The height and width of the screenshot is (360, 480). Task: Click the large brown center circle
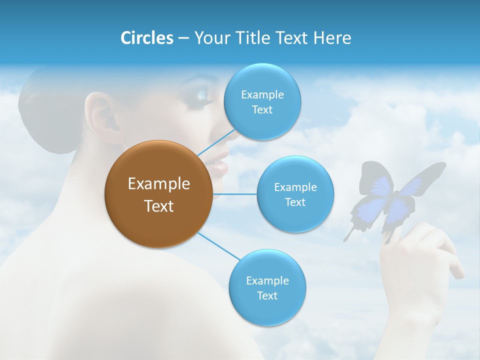pyautogui.click(x=158, y=194)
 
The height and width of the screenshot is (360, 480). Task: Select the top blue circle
pyautogui.click(x=262, y=101)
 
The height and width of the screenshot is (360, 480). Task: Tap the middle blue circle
pyautogui.click(x=295, y=194)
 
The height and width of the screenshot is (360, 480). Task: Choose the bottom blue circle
pyautogui.click(x=267, y=287)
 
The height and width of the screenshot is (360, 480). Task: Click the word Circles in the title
pyautogui.click(x=147, y=38)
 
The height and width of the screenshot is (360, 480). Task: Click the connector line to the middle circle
pyautogui.click(x=234, y=194)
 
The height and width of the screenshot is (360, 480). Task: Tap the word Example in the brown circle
pyautogui.click(x=158, y=184)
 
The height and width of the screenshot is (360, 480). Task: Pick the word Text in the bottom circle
pyautogui.click(x=267, y=295)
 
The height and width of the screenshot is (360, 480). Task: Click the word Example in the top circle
pyautogui.click(x=262, y=94)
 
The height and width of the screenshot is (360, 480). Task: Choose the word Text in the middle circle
pyautogui.click(x=295, y=202)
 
